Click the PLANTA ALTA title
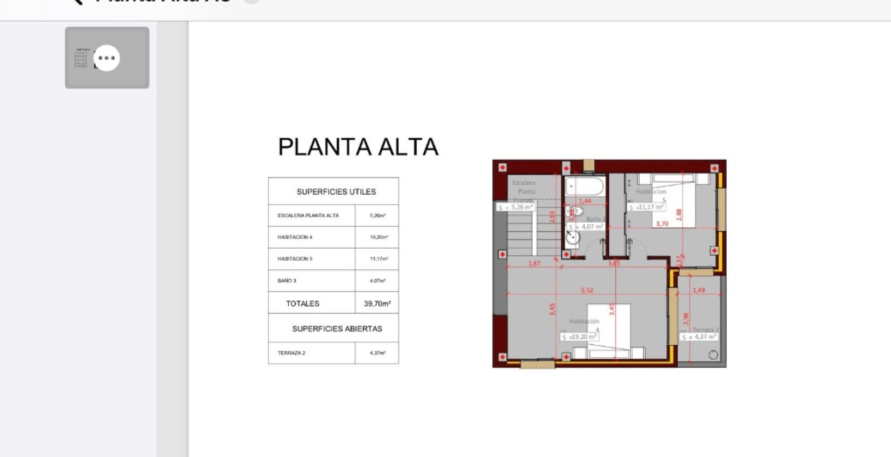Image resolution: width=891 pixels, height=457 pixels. coord(358,147)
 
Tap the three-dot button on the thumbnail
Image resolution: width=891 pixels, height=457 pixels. coord(107,58)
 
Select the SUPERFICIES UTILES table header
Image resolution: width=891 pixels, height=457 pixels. coord(336,192)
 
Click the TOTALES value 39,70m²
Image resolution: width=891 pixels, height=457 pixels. coord(377,304)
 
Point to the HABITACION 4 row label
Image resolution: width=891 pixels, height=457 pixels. coord(295,237)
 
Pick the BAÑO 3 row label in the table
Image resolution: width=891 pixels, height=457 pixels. coord(287,281)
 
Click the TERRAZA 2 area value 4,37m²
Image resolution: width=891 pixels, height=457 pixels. coord(378,353)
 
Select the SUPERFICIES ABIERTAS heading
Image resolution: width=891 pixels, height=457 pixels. coord(337,329)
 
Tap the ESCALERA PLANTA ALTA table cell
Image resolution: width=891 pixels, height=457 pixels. coord(308,215)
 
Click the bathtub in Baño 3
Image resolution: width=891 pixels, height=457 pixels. coord(585,187)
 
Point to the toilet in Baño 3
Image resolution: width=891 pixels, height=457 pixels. coord(575,211)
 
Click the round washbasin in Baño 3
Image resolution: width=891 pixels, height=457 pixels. coord(572,237)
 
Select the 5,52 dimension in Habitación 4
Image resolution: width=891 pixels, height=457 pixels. coord(587,290)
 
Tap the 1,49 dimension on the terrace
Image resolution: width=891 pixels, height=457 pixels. coord(699,290)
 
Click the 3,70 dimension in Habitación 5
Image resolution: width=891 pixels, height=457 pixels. coord(662,224)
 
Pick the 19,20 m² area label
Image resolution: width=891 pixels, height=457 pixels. coord(580,337)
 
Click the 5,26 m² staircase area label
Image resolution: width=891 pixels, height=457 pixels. coord(515,207)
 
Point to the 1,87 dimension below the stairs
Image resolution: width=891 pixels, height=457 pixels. coord(534,263)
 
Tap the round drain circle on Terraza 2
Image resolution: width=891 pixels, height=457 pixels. coord(713,355)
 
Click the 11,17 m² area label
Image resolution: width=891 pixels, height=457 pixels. coord(646,207)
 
